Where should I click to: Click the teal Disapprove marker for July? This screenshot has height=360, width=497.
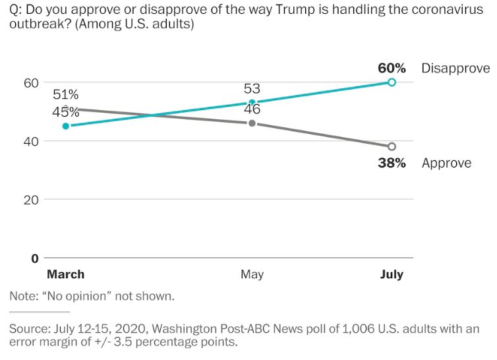(x=392, y=82)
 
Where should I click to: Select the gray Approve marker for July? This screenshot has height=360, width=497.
(x=392, y=146)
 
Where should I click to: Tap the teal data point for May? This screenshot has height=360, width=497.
(x=252, y=103)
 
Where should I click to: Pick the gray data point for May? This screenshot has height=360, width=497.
(x=252, y=123)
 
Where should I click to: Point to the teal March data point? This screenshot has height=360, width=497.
(x=65, y=126)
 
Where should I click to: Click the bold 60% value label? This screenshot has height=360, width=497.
(x=392, y=69)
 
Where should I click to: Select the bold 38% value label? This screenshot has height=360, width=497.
(x=392, y=163)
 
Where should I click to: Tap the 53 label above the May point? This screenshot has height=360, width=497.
(x=252, y=89)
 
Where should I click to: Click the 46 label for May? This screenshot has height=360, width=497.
(x=252, y=109)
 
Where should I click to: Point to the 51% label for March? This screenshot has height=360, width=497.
(x=66, y=95)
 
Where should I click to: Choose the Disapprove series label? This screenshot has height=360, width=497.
(x=455, y=69)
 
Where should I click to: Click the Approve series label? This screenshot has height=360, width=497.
(x=446, y=163)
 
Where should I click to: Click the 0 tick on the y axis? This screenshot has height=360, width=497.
(x=35, y=258)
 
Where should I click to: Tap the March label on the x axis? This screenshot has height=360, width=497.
(x=65, y=274)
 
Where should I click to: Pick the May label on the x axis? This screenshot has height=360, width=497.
(x=252, y=274)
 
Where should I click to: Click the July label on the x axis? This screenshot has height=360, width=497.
(x=392, y=274)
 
